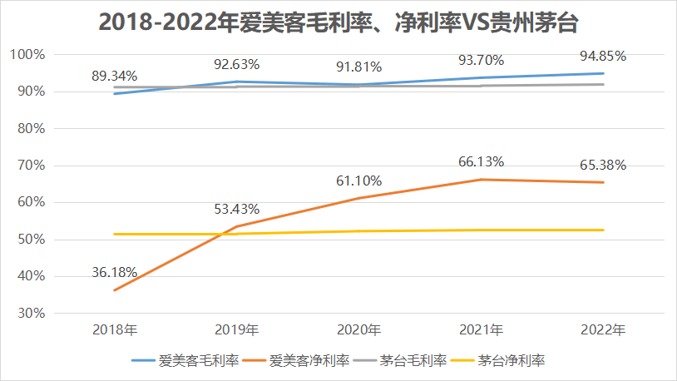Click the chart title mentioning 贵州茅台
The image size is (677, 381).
(338, 22)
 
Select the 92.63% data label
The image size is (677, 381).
(237, 63)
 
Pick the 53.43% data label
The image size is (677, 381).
(237, 208)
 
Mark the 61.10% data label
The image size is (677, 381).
(359, 181)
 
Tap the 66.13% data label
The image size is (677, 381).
(482, 161)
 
